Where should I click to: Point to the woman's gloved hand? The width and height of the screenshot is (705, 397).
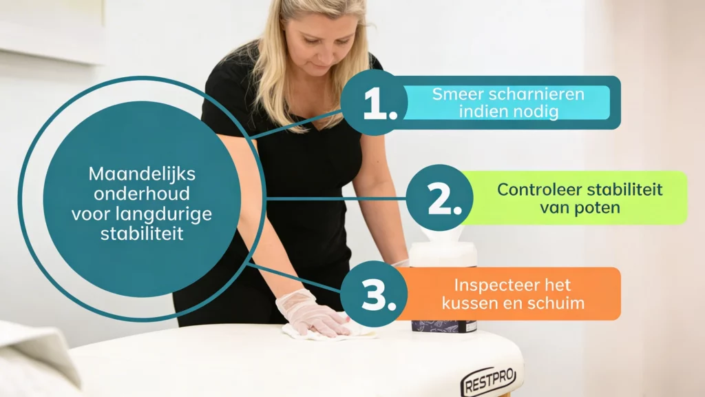click(308, 314)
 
